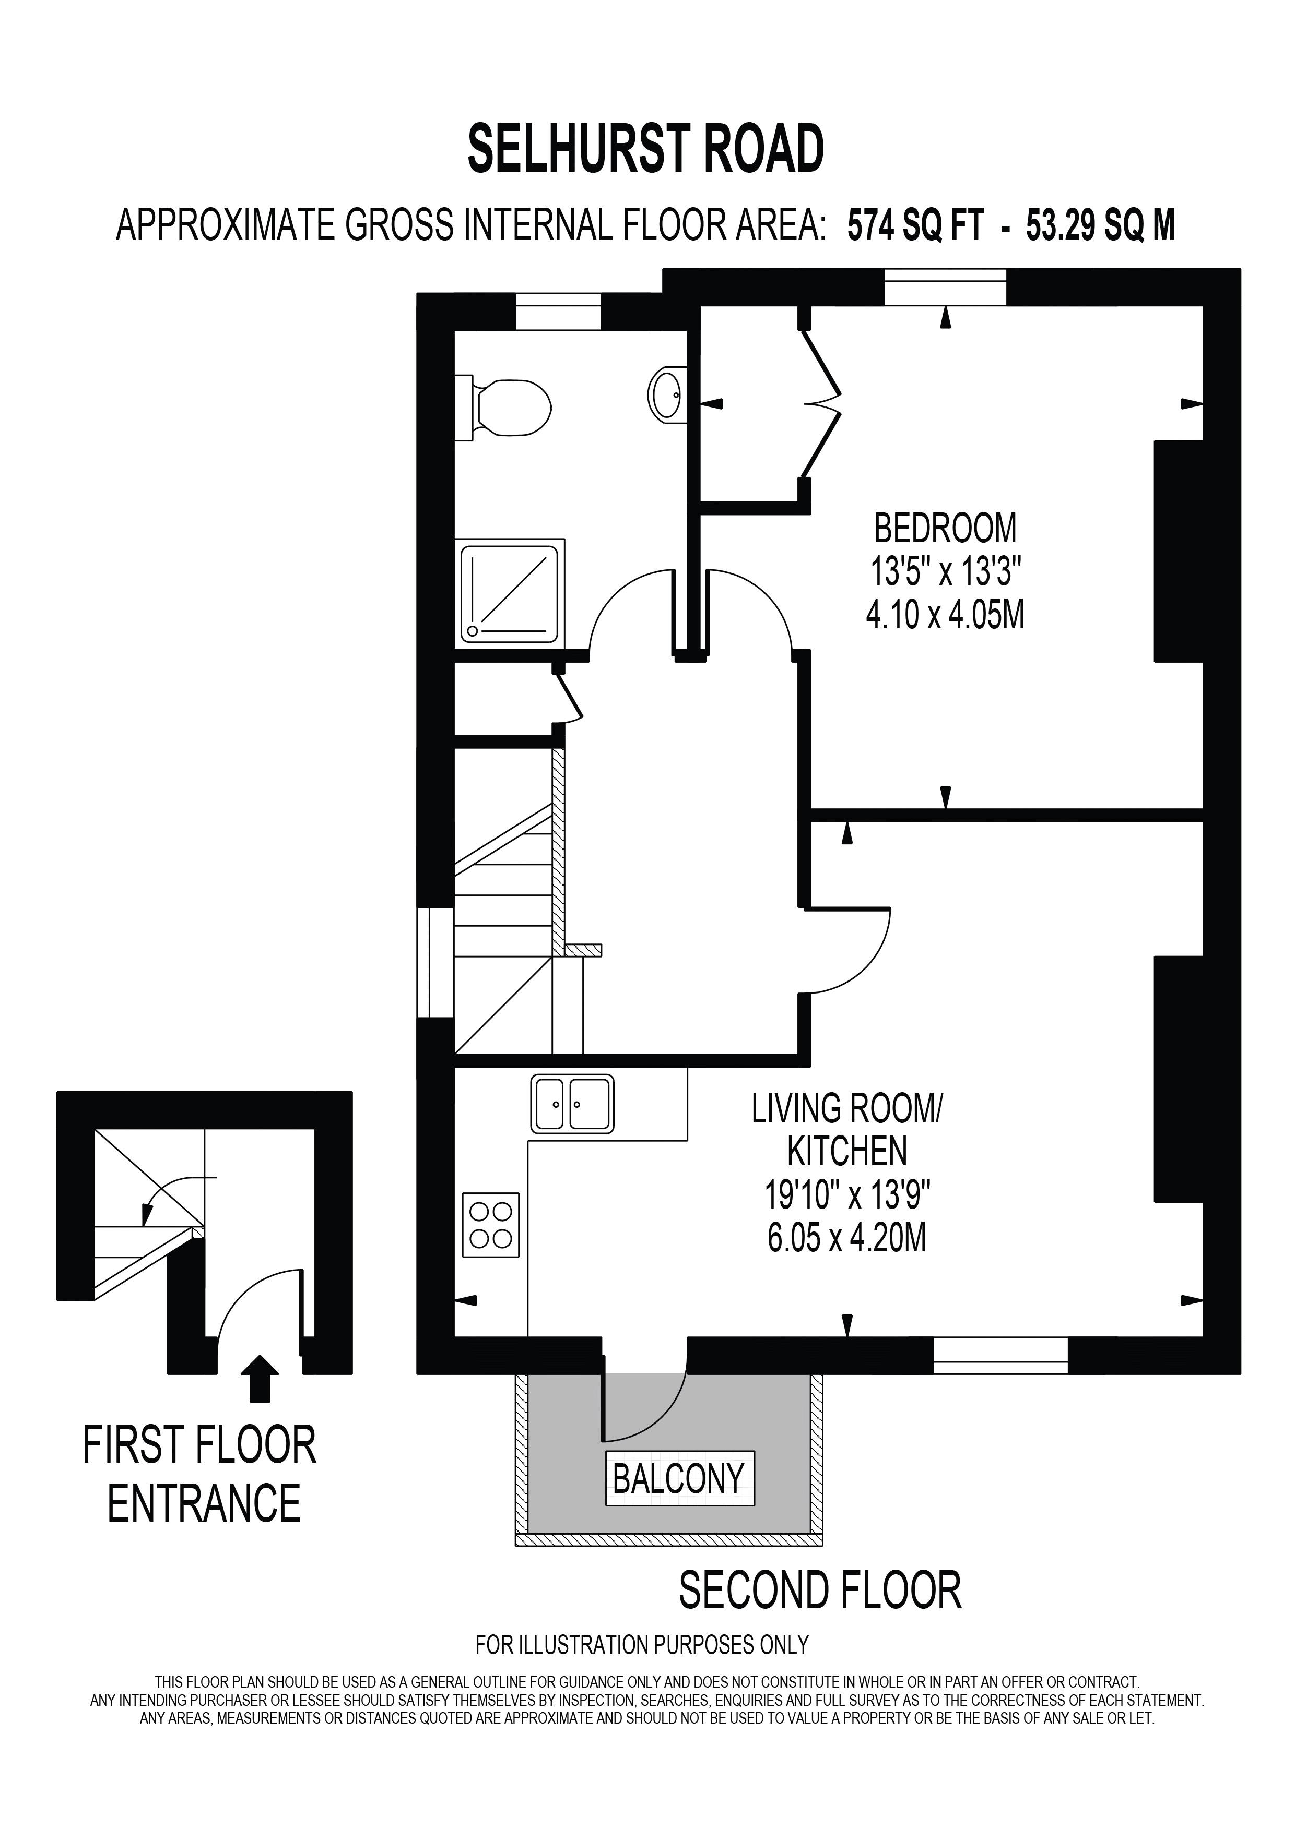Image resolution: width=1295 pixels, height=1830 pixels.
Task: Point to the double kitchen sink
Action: pyautogui.click(x=572, y=1104)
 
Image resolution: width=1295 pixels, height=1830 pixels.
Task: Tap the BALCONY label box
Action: pyautogui.click(x=679, y=1479)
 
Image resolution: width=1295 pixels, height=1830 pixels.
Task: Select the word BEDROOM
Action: pyautogui.click(x=945, y=529)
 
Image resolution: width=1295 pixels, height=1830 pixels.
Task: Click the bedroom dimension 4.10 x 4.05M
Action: pyautogui.click(x=945, y=615)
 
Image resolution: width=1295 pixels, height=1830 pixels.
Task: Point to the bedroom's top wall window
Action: pyautogui.click(x=945, y=287)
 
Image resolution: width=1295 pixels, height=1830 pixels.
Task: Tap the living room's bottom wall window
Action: pyautogui.click(x=1000, y=1356)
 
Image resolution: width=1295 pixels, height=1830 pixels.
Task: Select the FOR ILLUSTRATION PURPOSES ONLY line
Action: pyautogui.click(x=642, y=1644)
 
